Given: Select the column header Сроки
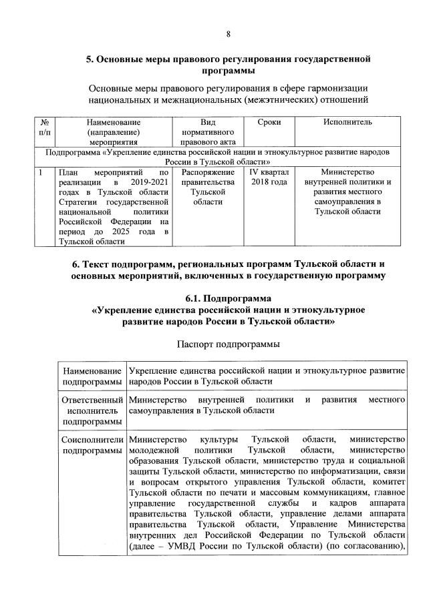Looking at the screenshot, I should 269,122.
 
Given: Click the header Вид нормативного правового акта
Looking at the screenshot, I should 208,131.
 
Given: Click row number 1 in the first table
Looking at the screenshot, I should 41,172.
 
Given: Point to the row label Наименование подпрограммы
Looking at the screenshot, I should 92,375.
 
